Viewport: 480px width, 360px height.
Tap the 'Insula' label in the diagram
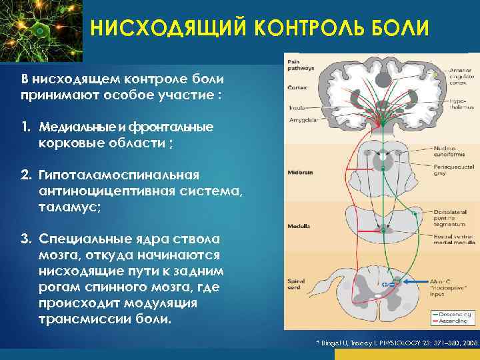pyautogui.click(x=296, y=107)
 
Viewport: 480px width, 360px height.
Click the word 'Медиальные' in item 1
pyautogui.click(x=73, y=126)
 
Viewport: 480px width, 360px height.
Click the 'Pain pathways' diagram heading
pyautogui.click(x=299, y=65)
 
